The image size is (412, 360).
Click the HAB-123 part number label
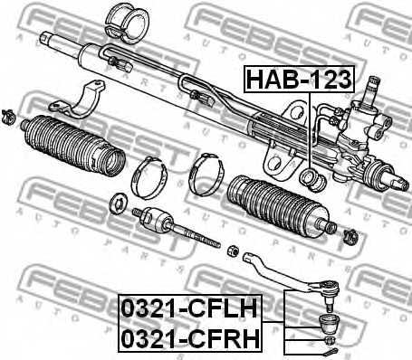coord(298,81)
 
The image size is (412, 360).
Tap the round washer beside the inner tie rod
coord(117,201)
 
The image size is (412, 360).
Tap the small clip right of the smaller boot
coord(350,238)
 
